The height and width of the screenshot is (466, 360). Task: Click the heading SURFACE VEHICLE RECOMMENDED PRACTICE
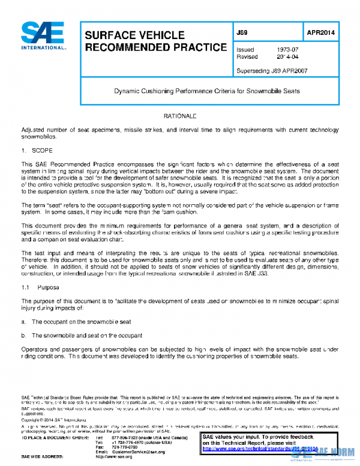point(155,41)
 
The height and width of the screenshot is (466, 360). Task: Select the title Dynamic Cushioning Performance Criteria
point(207,91)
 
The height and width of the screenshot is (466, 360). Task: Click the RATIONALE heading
point(180,115)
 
